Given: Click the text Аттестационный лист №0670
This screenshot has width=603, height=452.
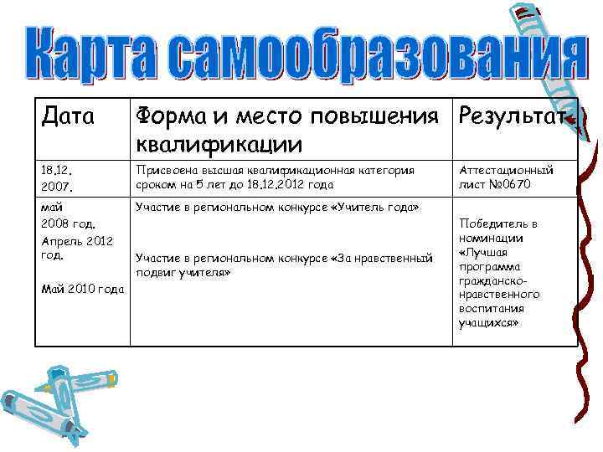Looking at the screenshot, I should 506,177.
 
